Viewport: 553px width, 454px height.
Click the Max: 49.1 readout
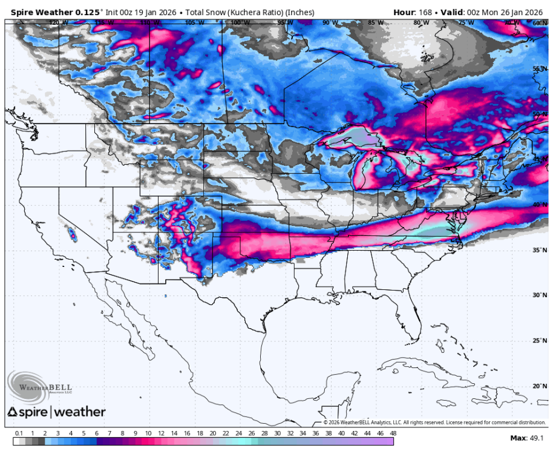point(527,438)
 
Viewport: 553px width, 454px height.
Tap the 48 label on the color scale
point(392,433)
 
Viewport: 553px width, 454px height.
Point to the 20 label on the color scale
point(212,433)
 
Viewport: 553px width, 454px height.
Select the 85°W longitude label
point(376,23)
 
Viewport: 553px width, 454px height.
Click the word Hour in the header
point(404,12)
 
